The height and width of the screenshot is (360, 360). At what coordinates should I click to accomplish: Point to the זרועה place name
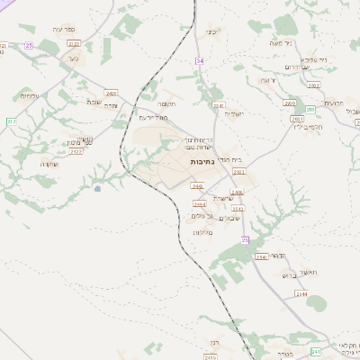tap(267, 80)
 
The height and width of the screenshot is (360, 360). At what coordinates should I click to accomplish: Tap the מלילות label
tap(202, 232)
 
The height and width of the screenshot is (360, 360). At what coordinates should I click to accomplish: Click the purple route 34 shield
tap(200, 59)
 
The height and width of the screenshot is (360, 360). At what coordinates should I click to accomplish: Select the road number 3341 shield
tap(218, 105)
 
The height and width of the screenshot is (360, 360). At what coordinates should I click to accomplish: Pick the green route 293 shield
tap(310, 110)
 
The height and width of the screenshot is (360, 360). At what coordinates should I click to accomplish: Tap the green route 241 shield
tap(315, 351)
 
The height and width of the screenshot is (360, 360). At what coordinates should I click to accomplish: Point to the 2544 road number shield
tap(301, 293)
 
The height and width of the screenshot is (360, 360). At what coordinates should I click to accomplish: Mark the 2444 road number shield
tap(199, 204)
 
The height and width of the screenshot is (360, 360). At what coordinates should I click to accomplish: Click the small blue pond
tap(97, 189)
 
